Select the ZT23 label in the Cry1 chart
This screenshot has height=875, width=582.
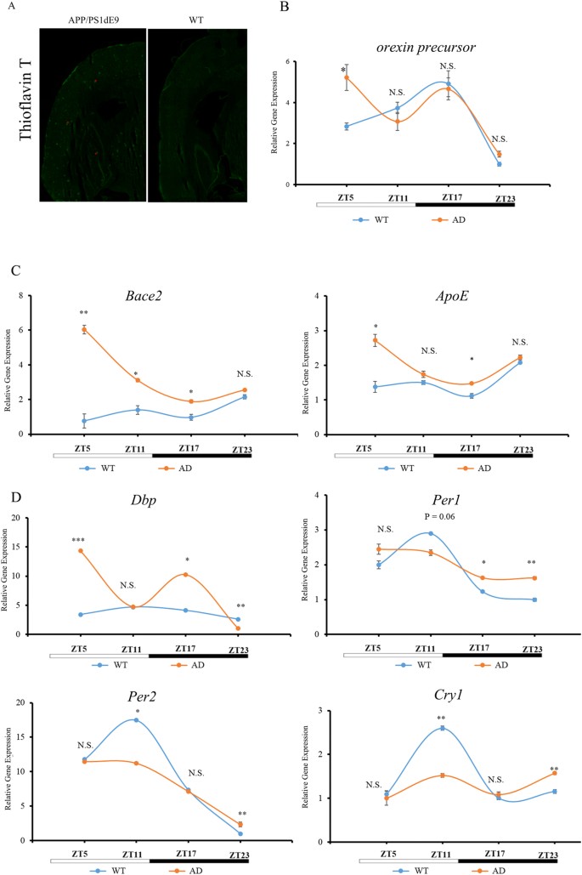click(x=527, y=853)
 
